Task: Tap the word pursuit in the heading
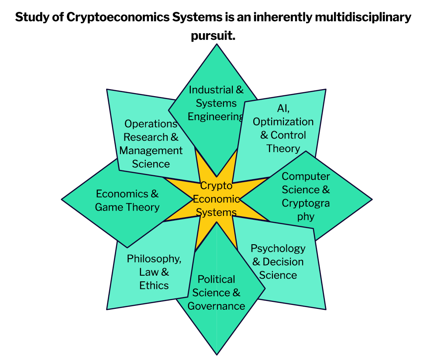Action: tap(213, 36)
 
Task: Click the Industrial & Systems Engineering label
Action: tap(216, 103)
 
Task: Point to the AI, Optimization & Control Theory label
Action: tap(283, 128)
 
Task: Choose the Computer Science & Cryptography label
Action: tap(306, 196)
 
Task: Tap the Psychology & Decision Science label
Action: tap(278, 262)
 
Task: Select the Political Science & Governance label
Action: tap(216, 292)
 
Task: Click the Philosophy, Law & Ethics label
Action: tap(154, 272)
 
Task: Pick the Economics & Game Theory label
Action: tap(127, 200)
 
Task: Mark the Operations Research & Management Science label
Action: tap(151, 144)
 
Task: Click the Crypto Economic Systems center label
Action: tap(216, 199)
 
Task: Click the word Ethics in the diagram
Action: tap(154, 285)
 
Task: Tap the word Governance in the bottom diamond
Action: tap(216, 306)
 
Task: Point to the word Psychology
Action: tap(278, 248)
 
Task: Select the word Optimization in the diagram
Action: tap(283, 121)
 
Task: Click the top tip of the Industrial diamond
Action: tap(216, 45)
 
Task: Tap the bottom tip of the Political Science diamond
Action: tap(217, 353)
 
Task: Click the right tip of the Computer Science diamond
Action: tap(371, 200)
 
